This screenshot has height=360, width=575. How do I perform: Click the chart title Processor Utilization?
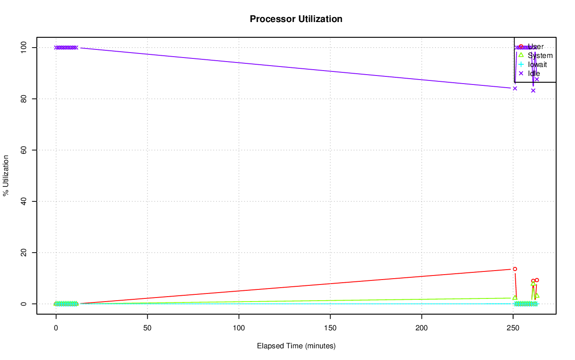296,19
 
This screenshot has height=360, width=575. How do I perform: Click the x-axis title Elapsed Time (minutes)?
296,346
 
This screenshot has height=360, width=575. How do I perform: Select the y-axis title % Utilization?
6,175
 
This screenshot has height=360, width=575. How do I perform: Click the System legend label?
540,56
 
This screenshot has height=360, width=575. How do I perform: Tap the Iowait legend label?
537,65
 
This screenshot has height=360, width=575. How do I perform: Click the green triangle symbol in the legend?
521,55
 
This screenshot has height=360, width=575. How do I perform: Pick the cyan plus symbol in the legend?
521,64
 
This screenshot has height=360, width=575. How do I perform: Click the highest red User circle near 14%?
515,269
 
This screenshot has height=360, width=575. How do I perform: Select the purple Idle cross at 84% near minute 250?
515,88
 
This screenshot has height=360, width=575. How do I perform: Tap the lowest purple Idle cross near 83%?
533,90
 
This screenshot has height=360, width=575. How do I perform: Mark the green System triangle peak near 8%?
533,284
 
